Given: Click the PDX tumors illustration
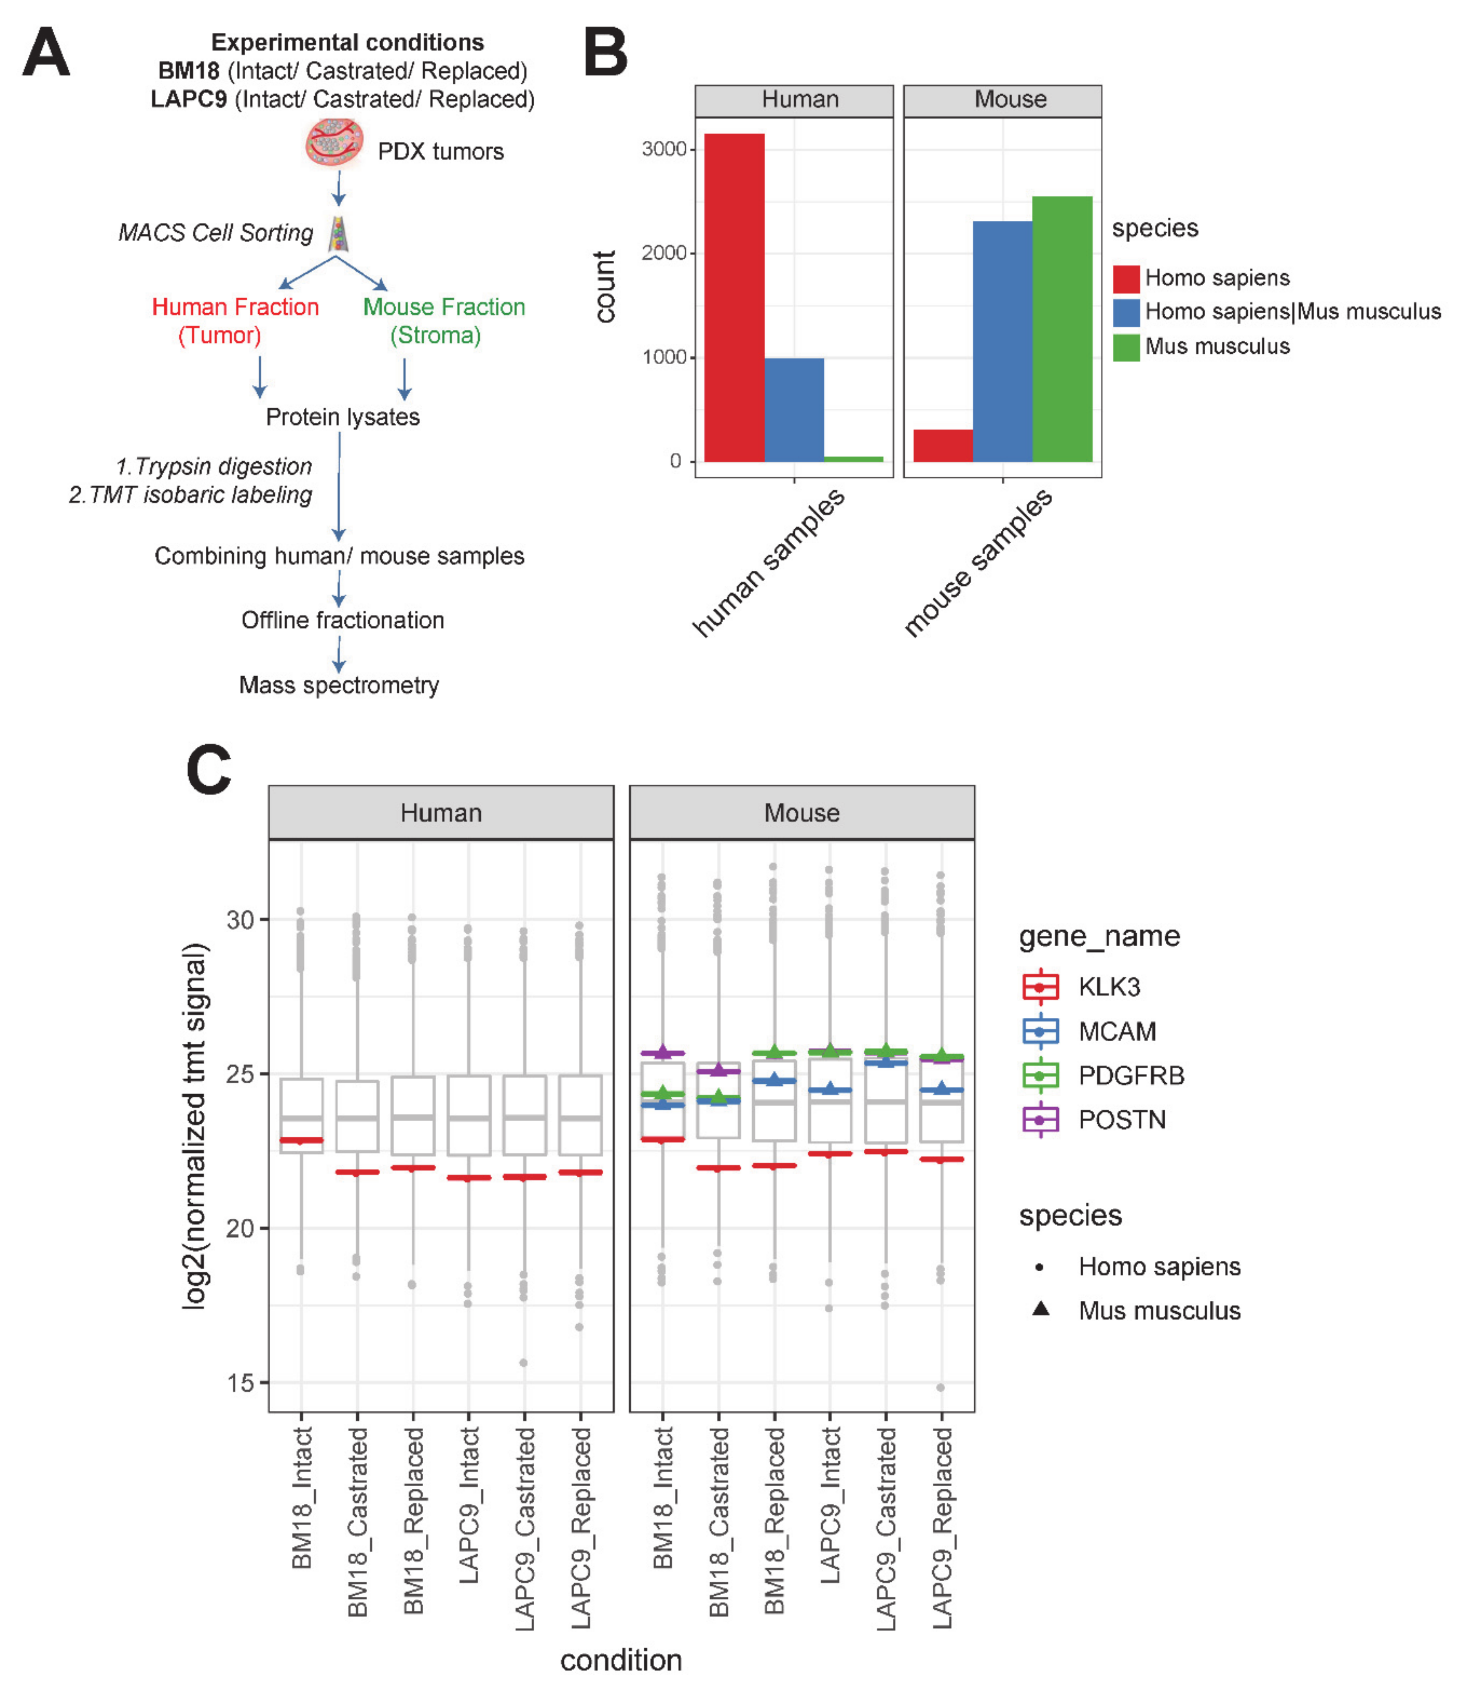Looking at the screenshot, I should [x=334, y=143].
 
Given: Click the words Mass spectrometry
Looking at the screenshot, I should [x=339, y=685].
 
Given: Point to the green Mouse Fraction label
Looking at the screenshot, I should [x=444, y=307].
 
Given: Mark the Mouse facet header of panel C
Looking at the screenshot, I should [x=801, y=812].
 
